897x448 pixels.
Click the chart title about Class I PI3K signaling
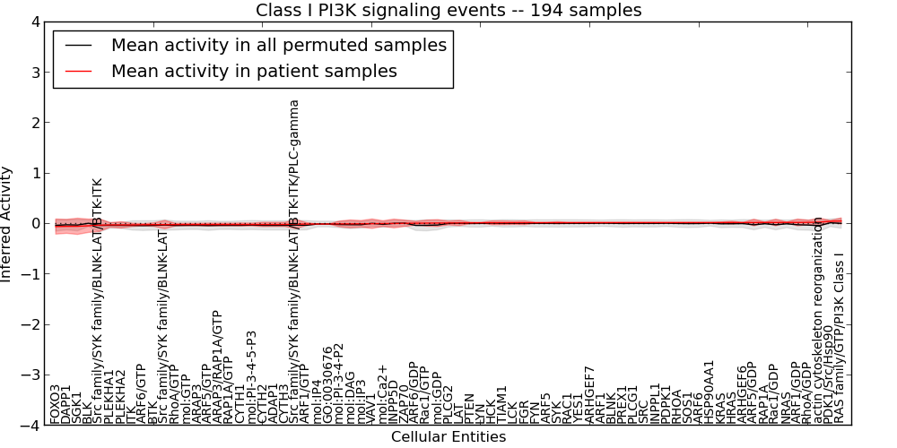448,11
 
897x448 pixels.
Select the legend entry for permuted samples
278,45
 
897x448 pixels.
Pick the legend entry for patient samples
254,71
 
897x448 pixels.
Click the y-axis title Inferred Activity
7,224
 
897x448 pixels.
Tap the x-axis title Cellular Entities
448,437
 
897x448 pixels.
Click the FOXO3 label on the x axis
56,404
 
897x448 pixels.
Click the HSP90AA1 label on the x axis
709,392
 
